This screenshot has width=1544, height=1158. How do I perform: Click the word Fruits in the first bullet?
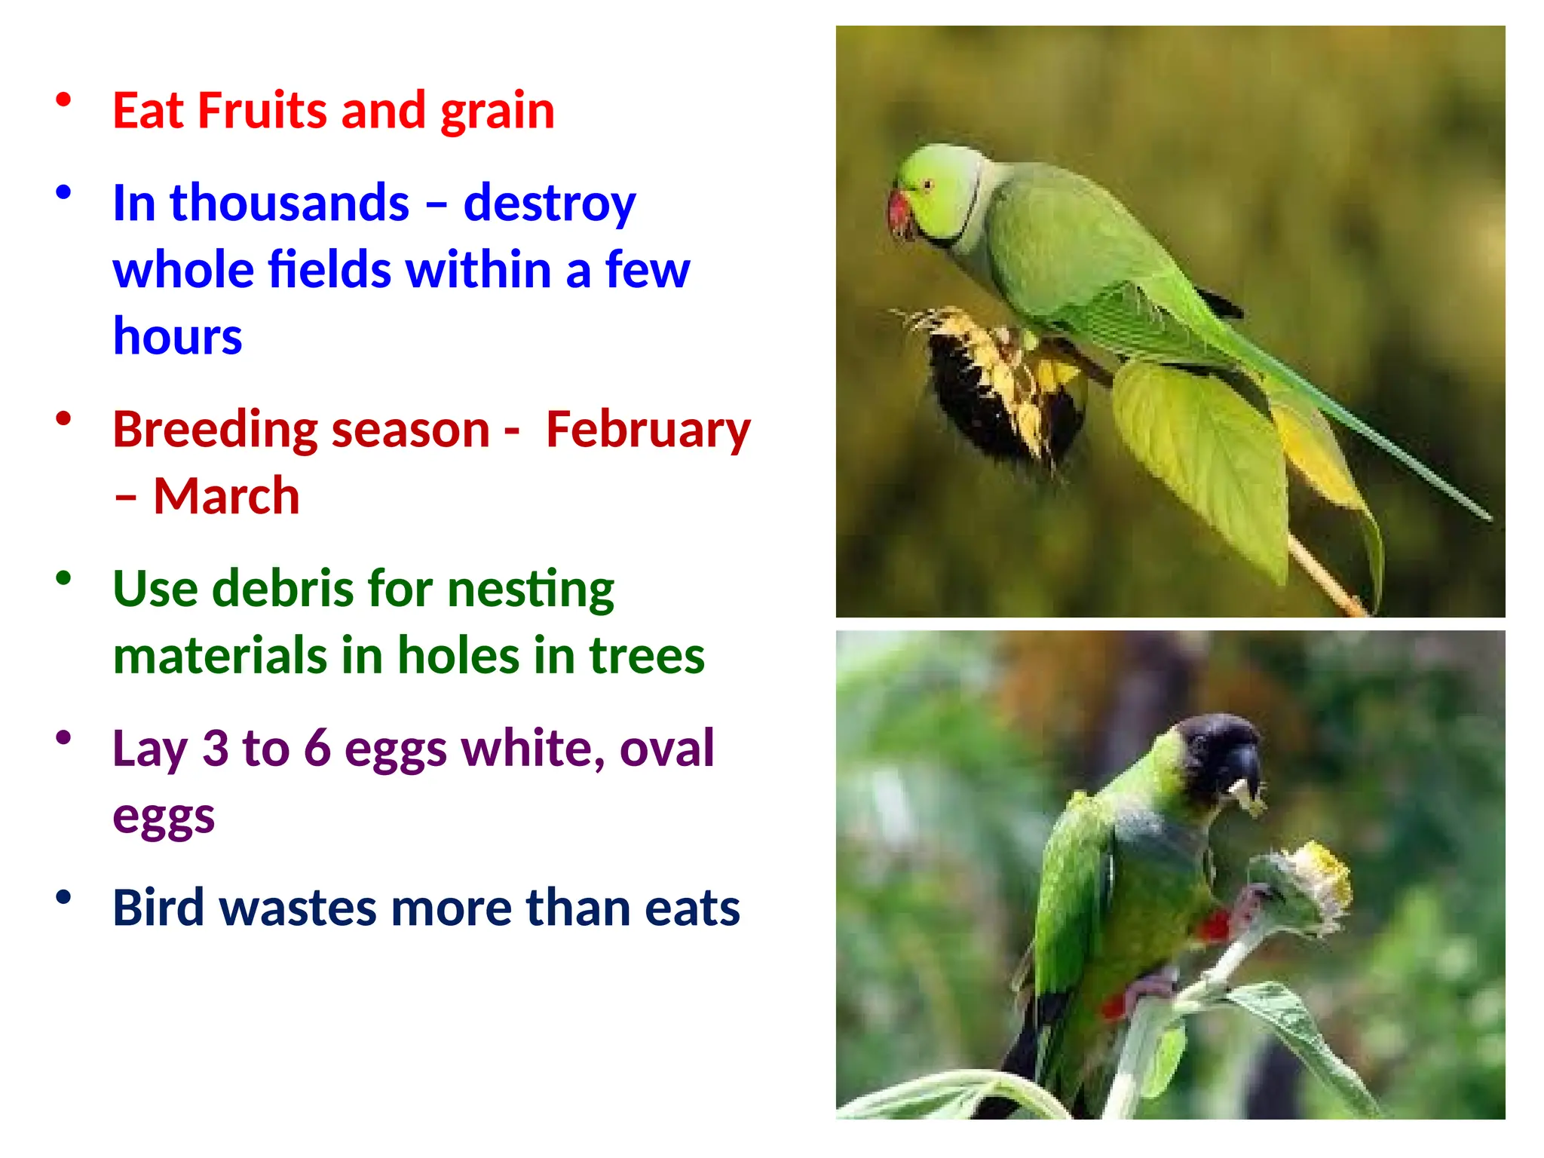point(263,111)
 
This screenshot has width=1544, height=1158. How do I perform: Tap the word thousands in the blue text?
point(290,204)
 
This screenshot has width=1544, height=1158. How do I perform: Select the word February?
point(648,430)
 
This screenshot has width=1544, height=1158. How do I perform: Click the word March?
point(226,496)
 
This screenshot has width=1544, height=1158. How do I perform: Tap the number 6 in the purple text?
point(317,749)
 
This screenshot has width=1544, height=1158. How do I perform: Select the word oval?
point(666,749)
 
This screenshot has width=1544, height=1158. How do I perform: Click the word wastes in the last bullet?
point(299,908)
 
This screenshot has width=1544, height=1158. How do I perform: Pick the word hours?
point(177,335)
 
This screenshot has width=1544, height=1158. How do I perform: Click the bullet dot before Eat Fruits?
point(63,100)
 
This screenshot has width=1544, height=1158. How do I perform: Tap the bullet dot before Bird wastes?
point(63,897)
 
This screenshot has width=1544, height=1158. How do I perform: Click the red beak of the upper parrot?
point(899,213)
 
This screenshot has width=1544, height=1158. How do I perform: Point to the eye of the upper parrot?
point(928,184)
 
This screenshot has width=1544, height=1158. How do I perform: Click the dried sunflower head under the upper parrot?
point(995,392)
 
